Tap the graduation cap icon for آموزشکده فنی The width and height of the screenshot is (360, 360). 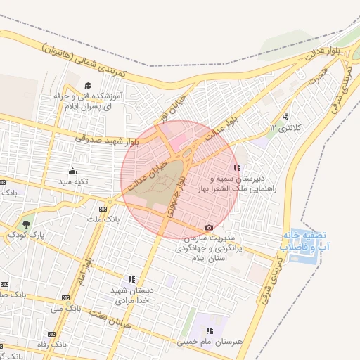(x=87, y=86)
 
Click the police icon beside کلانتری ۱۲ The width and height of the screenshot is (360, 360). (x=285, y=117)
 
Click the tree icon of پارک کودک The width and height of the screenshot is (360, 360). (x=26, y=224)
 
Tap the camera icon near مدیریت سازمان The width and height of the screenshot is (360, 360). (x=209, y=228)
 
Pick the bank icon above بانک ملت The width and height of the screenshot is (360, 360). (x=103, y=209)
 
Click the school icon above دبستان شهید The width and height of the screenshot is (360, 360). (x=132, y=279)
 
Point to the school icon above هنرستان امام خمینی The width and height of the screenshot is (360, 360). (x=210, y=330)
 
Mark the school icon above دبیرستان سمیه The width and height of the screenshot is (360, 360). (x=237, y=167)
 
